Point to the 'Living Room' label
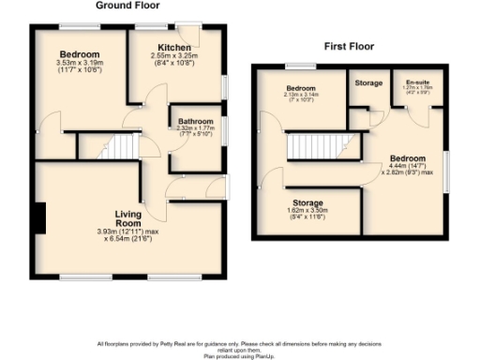(128, 218)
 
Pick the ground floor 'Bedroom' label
(80, 54)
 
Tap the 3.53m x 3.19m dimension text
(79, 63)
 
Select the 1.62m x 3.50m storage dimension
(307, 212)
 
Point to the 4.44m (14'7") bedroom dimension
(407, 166)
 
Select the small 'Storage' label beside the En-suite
(368, 83)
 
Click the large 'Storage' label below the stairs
(307, 202)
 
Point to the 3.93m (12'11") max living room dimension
(128, 231)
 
